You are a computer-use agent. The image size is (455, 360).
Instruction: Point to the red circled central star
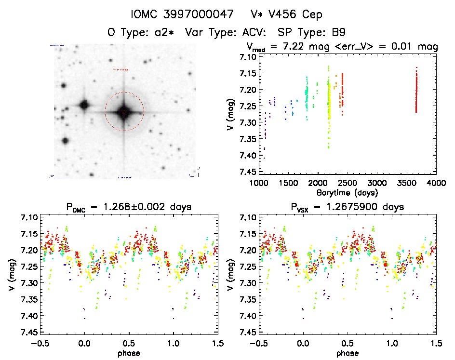124,112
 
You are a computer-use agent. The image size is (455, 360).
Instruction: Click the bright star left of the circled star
84,105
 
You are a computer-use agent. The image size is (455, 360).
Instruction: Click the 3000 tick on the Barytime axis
377,183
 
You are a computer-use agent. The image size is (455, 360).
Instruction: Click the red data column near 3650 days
416,92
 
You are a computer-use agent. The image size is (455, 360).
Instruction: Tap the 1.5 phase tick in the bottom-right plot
435,343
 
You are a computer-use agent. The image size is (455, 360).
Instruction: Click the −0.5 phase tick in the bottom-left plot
40,343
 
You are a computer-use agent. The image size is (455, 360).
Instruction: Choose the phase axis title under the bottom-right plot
347,353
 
